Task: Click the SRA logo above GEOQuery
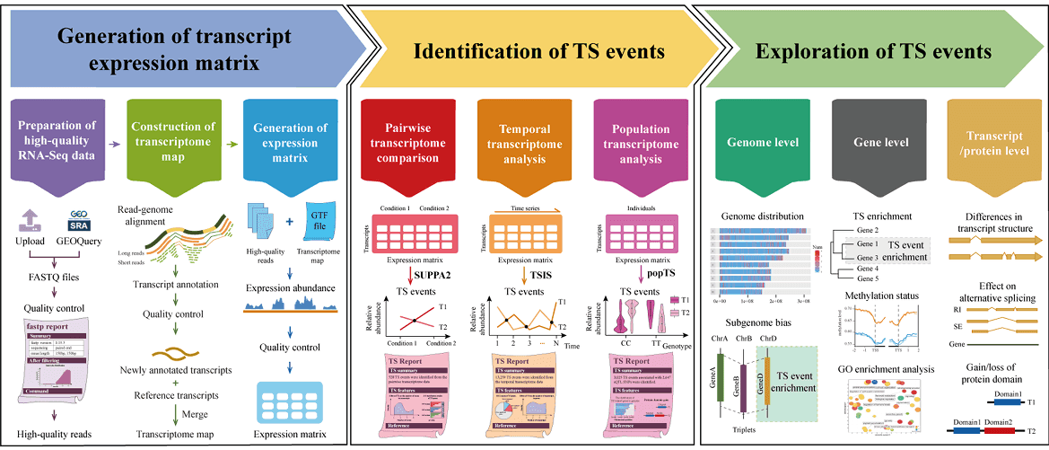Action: point(76,221)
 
